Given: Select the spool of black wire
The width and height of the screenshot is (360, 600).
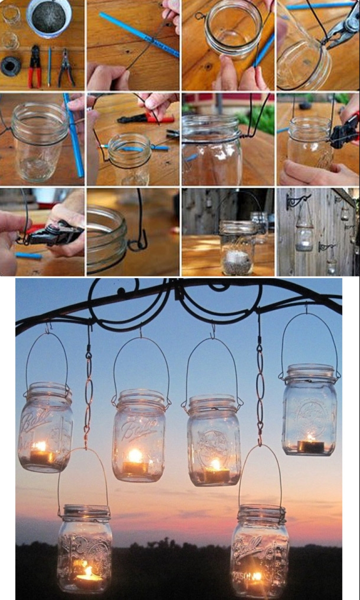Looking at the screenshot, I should point(10,65).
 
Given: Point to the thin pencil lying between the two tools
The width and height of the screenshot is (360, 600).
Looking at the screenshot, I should point(49,66).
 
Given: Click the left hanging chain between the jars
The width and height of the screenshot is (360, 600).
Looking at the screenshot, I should point(89,393).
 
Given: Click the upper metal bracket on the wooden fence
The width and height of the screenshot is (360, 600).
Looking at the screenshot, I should point(297,201).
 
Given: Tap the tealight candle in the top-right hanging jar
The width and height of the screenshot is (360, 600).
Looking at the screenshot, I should point(311,446).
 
